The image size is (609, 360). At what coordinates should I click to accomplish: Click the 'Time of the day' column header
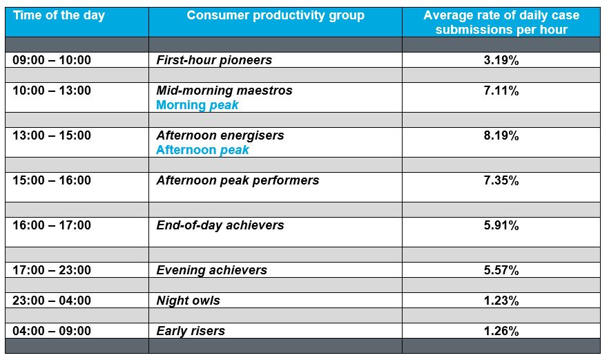[59, 16]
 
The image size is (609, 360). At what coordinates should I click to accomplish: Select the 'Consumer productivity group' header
[275, 16]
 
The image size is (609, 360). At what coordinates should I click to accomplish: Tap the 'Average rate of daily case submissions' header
[501, 22]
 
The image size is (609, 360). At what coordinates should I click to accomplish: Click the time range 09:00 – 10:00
[52, 60]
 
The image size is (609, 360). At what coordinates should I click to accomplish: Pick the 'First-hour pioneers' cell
[214, 60]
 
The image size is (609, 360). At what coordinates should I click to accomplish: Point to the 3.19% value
[501, 60]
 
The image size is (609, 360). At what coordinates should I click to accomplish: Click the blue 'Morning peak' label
[197, 105]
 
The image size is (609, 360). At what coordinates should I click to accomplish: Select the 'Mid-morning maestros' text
[224, 91]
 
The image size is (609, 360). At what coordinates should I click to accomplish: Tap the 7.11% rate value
[501, 91]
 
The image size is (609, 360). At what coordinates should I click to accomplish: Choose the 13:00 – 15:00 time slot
[52, 135]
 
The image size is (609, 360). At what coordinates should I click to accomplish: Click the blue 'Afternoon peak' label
[202, 150]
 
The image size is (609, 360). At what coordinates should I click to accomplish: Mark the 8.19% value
[501, 135]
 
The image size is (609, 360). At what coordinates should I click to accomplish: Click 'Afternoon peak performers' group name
[238, 180]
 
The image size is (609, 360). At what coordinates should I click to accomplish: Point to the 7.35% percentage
[501, 180]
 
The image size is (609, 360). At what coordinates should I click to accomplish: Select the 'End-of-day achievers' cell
[220, 225]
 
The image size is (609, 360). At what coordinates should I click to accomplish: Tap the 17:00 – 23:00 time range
[52, 269]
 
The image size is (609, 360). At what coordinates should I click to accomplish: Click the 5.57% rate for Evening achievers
[501, 270]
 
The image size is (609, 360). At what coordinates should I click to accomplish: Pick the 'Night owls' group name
[188, 301]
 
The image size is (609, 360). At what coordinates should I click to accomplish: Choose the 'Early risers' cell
[191, 331]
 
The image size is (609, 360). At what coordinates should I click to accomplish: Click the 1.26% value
[501, 331]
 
